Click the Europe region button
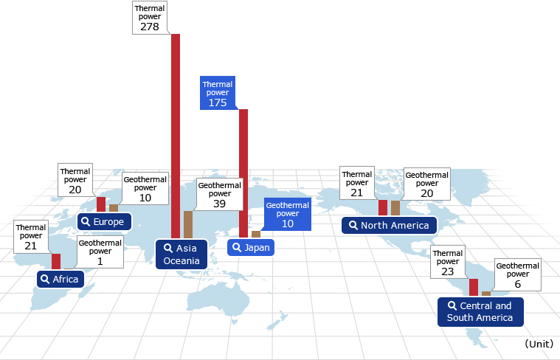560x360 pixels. [x=104, y=222]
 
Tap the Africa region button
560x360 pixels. [x=61, y=279]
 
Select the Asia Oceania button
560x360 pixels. [x=182, y=255]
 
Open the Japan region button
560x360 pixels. [x=251, y=248]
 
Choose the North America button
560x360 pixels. [x=390, y=225]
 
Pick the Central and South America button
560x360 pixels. [x=480, y=312]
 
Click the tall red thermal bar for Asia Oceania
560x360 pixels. [x=176, y=136]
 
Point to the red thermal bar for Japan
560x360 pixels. [x=243, y=173]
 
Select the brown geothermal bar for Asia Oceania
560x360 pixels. [x=188, y=225]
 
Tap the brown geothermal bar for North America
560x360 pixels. [x=395, y=208]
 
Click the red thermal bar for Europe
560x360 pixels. [x=101, y=204]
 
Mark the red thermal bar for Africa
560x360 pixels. [x=56, y=261]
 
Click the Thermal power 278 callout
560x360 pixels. [x=150, y=18]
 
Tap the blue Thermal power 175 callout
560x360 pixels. [x=218, y=93]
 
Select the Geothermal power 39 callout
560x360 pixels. [x=220, y=194]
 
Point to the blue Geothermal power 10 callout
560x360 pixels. [x=288, y=214]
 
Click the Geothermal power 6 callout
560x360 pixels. [x=517, y=274]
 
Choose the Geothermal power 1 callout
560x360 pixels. [x=100, y=252]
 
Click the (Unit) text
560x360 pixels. [x=539, y=344]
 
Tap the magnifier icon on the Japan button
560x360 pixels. [x=236, y=247]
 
